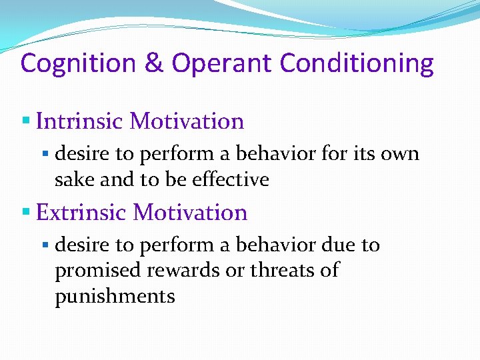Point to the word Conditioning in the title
tap(357, 64)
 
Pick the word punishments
tap(115, 296)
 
